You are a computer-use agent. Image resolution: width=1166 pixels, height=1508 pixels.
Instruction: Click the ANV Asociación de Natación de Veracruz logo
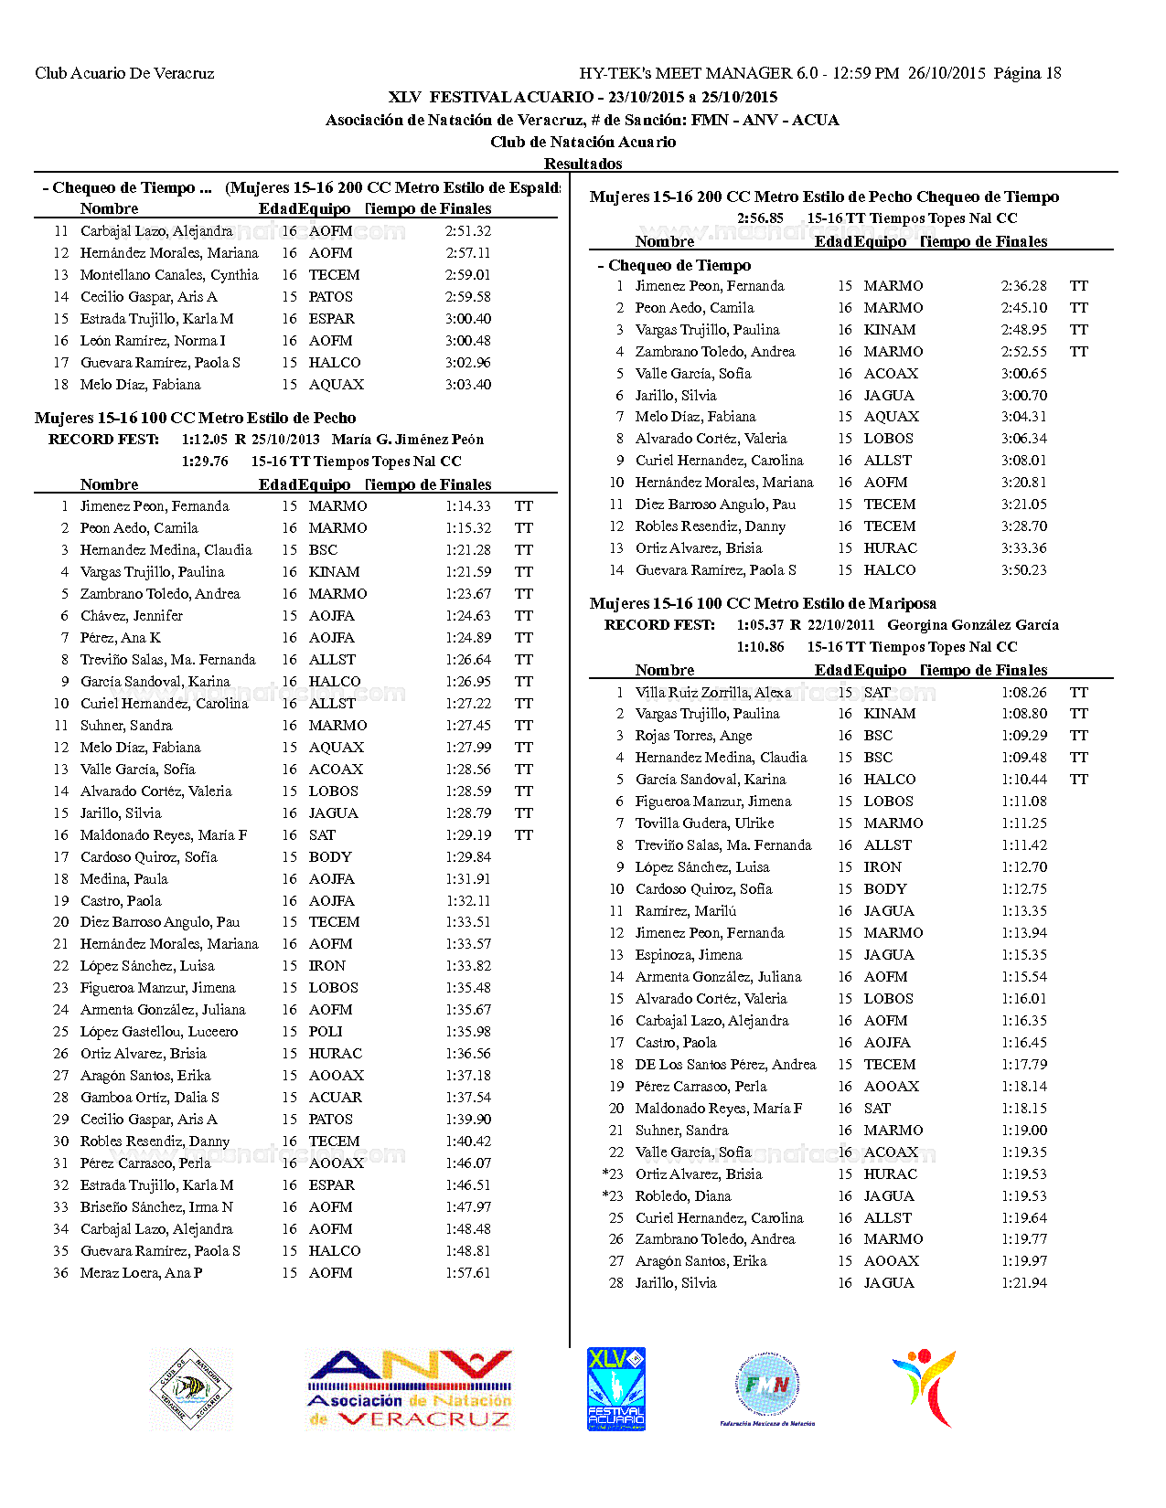(409, 1389)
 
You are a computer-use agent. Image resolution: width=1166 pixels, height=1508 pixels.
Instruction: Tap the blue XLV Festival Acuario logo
(615, 1388)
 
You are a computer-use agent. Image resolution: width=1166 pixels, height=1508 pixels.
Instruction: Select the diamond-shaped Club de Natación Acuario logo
(191, 1389)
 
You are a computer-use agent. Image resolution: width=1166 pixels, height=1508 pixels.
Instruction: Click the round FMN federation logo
(767, 1387)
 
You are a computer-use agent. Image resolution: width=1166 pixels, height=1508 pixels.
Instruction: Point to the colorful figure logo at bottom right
(925, 1387)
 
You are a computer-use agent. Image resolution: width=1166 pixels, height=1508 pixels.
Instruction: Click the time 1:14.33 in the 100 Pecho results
(468, 506)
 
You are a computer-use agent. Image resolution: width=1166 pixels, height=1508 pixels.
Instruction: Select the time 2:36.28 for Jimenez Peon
(1023, 286)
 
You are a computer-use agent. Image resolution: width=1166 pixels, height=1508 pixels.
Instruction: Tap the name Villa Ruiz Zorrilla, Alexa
(713, 693)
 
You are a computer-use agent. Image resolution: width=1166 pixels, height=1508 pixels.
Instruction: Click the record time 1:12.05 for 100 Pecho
(205, 440)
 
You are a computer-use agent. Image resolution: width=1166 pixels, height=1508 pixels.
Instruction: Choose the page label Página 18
(1027, 73)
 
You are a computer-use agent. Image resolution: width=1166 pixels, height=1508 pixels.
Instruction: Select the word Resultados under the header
(583, 164)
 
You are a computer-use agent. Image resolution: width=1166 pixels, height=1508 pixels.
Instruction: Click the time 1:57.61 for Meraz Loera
(468, 1273)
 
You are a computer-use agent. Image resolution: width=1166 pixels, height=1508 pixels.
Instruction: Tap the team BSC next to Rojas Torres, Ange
(878, 736)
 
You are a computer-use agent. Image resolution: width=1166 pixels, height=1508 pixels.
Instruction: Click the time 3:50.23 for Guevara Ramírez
(1023, 570)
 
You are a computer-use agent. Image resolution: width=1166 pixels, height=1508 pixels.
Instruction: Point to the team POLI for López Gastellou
(326, 1032)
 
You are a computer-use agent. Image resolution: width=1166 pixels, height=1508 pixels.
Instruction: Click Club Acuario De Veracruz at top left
(124, 73)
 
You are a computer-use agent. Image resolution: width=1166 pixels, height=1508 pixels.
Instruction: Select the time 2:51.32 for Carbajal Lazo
(468, 231)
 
